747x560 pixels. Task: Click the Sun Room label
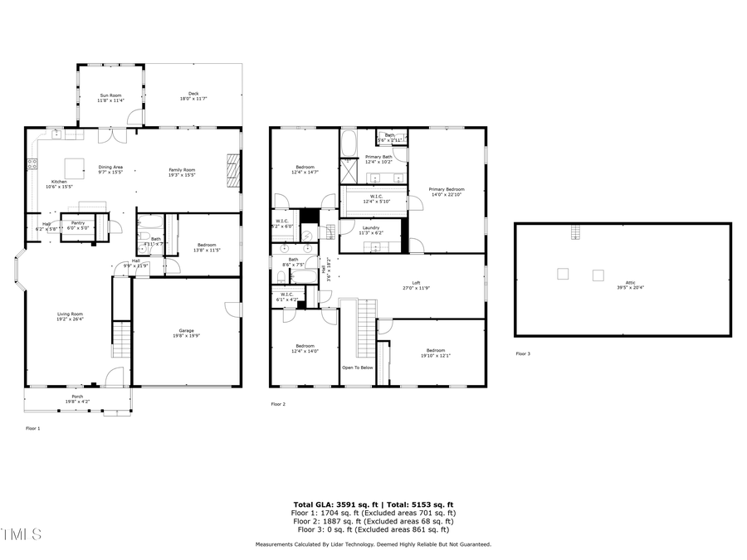point(110,98)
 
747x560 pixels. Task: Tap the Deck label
point(193,96)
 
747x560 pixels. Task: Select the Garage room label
point(186,333)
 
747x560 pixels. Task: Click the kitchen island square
point(76,168)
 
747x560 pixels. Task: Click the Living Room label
point(70,316)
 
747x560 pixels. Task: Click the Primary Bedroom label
point(447,192)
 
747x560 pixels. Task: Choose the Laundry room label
point(370,230)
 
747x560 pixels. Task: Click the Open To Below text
point(358,367)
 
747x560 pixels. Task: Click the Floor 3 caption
point(522,353)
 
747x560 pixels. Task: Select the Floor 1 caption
point(32,428)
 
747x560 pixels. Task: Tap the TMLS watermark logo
point(21,534)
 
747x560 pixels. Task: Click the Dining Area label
point(110,169)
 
